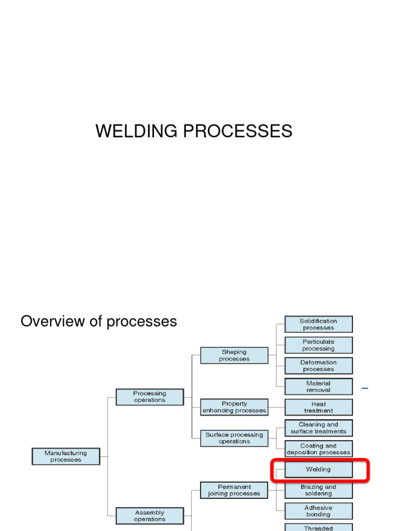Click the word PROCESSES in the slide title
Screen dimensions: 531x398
coord(238,131)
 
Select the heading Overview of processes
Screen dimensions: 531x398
coord(98,322)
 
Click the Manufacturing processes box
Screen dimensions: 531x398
coord(66,456)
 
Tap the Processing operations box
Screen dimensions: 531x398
coord(150,397)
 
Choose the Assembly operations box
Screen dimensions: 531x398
coord(150,516)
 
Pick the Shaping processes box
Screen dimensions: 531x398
coord(234,355)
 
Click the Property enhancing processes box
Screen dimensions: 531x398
coord(234,407)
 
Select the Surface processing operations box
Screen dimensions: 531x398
coord(234,438)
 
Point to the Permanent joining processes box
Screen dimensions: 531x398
coord(234,490)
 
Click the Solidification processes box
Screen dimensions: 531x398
coord(319,324)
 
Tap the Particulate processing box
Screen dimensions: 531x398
coord(319,345)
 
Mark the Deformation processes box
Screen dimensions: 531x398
coord(319,366)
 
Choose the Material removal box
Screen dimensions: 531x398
coord(319,386)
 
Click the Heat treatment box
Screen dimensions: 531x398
coord(319,407)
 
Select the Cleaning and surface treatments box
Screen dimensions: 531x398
coord(319,428)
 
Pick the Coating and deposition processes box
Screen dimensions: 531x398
coord(319,449)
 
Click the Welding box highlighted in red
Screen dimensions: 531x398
coord(319,470)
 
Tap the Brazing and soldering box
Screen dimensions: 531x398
coord(319,490)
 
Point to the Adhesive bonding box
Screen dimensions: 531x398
coord(319,511)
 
